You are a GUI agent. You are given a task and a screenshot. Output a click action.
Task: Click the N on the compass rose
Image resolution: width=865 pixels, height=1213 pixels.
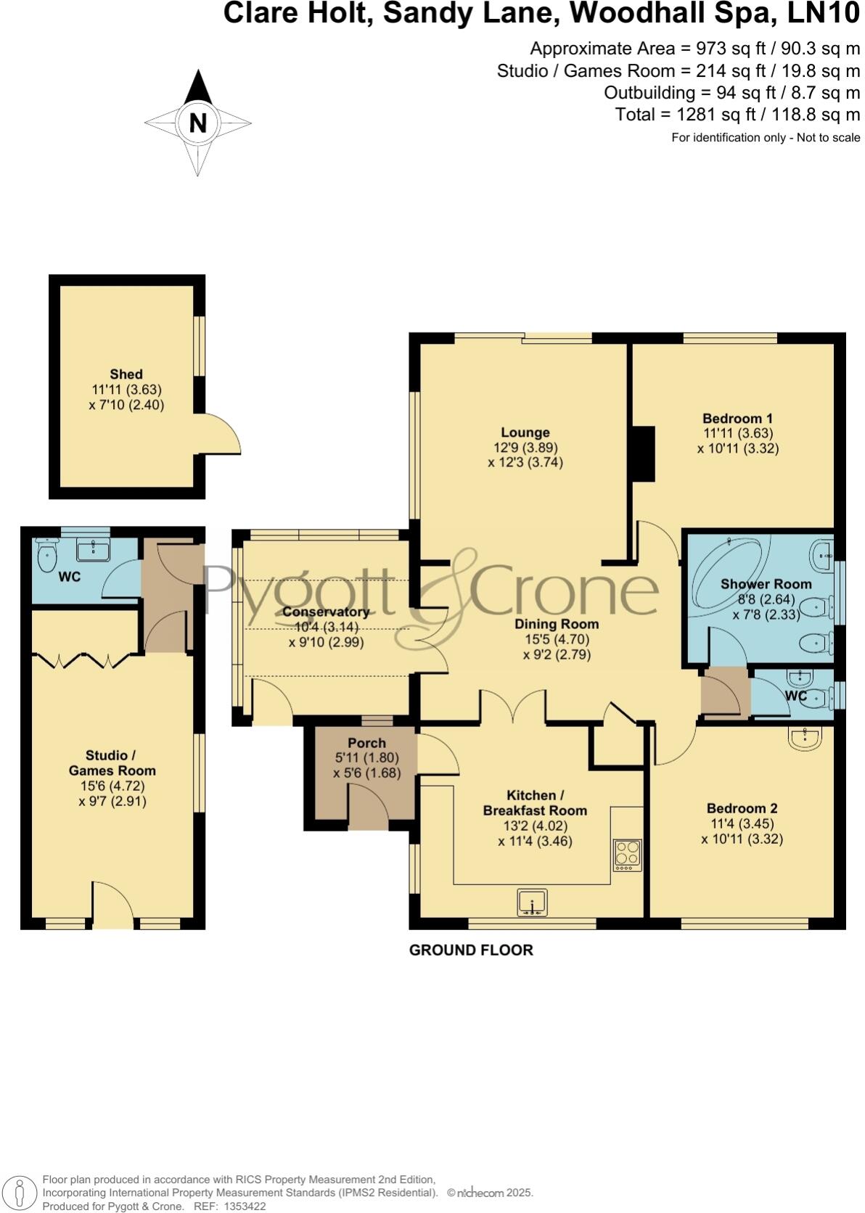(197, 123)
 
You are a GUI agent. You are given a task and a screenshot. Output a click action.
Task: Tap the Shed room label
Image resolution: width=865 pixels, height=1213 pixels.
(126, 374)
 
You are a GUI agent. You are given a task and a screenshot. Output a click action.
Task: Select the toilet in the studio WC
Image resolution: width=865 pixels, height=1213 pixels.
(47, 557)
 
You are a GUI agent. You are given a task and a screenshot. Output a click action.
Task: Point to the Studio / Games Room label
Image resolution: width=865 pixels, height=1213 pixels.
(112, 763)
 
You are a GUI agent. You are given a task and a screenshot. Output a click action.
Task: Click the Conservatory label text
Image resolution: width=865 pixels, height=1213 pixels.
(326, 612)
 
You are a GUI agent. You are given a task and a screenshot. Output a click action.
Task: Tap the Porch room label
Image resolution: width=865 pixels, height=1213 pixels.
(366, 743)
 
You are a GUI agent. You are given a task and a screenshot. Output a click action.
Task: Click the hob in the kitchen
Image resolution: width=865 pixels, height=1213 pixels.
(628, 855)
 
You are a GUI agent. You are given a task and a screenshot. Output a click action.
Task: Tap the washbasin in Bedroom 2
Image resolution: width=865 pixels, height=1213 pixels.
(805, 739)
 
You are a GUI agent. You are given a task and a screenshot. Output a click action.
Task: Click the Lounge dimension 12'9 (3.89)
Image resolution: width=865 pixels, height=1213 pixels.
(525, 448)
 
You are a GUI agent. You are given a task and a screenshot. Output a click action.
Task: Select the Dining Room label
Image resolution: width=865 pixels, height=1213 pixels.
(557, 624)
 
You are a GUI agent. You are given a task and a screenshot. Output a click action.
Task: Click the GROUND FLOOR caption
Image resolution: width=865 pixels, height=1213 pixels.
(471, 950)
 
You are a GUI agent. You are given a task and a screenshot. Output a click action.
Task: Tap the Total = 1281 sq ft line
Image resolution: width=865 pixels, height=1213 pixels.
(737, 115)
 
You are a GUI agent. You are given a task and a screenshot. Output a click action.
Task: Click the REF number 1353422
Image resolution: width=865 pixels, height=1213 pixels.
(246, 1206)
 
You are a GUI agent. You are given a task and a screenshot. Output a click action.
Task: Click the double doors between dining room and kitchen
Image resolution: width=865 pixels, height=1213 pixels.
(512, 707)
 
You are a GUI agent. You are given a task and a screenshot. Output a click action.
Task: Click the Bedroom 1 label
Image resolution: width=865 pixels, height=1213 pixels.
(737, 419)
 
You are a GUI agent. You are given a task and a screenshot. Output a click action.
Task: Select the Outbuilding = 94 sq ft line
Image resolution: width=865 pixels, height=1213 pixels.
(731, 93)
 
